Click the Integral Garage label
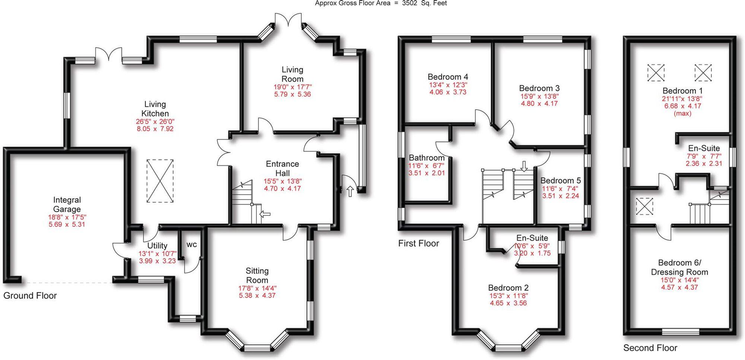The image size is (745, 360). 67,205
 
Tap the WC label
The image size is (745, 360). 191,245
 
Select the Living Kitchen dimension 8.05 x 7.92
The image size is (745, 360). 155,129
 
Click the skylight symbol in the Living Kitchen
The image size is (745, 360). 160,181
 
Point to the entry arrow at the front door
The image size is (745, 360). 350,191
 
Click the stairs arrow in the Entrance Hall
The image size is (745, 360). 265,214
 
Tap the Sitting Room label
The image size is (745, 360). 257,275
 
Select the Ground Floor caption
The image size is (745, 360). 30,296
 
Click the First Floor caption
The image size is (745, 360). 419,243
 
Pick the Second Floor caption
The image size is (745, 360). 650,348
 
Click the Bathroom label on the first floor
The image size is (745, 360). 427,158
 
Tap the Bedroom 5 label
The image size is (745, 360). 561,181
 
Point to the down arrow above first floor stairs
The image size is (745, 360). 524,166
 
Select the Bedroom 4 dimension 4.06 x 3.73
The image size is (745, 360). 448,92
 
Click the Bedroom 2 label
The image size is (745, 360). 508,288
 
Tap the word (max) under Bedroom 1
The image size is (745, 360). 682,113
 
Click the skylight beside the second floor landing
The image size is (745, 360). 644,206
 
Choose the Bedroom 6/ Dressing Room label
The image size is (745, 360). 680,267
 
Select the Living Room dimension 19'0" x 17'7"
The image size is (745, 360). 292,87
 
